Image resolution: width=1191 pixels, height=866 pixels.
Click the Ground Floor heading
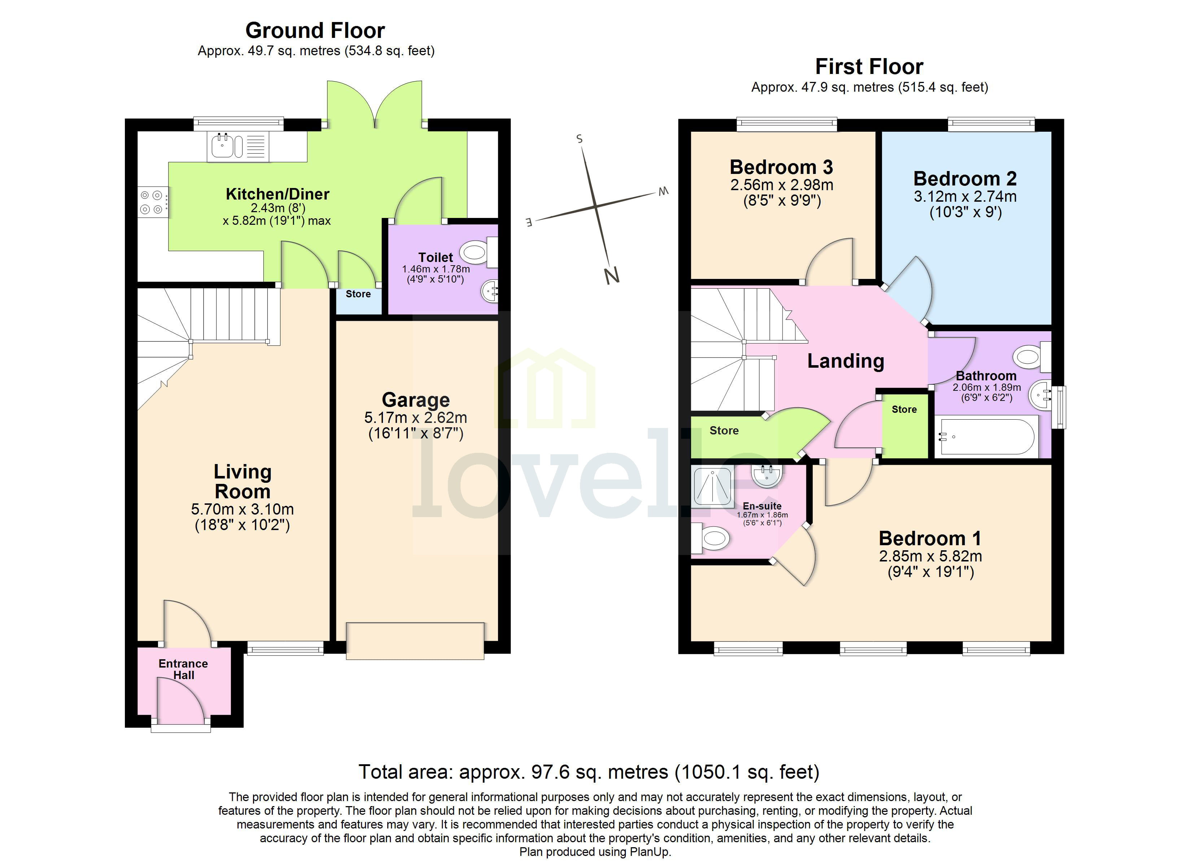coord(315,30)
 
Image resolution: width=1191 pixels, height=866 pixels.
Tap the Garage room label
coord(415,400)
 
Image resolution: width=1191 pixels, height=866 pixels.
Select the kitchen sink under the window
coord(223,146)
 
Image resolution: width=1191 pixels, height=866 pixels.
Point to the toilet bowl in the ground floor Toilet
coord(475,253)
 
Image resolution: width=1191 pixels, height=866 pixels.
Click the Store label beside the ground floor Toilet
coord(358,294)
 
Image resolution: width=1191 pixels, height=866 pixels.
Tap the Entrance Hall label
coord(183,669)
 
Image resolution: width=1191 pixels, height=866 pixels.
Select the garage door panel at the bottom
coord(415,641)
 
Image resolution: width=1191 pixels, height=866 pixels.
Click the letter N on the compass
coord(612,275)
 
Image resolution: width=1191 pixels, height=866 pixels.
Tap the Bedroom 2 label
coord(965,179)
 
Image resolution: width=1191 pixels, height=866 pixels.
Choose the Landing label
coord(846,361)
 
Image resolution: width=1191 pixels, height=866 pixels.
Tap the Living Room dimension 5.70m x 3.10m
coord(242,509)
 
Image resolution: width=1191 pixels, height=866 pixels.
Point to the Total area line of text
coord(589,771)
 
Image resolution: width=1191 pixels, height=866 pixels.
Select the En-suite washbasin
coord(767,475)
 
